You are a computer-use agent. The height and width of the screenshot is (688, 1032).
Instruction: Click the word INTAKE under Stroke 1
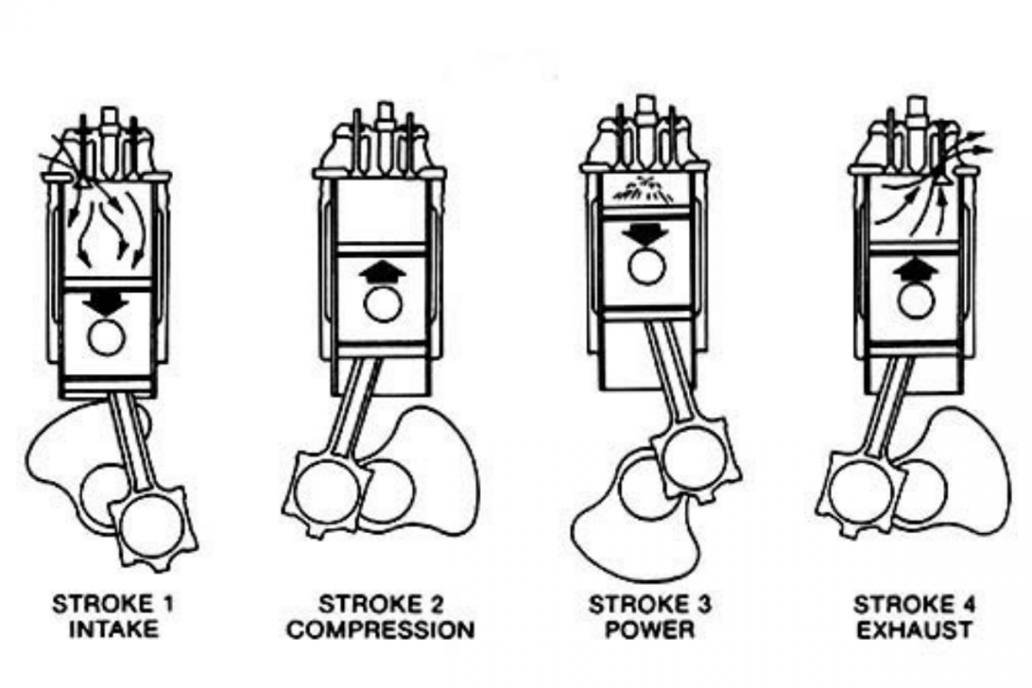point(113,628)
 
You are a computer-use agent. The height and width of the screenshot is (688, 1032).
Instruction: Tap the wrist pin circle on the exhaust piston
point(915,302)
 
